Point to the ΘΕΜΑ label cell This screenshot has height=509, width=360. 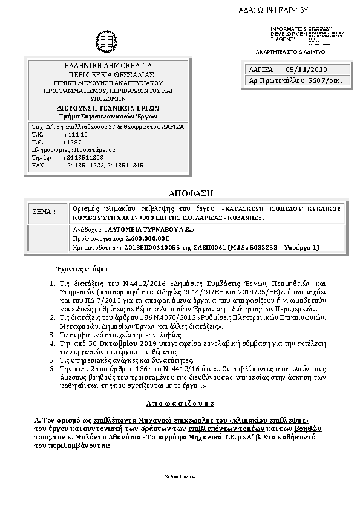44,212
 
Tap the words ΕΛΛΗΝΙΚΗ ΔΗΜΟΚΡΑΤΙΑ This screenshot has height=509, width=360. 108,65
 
